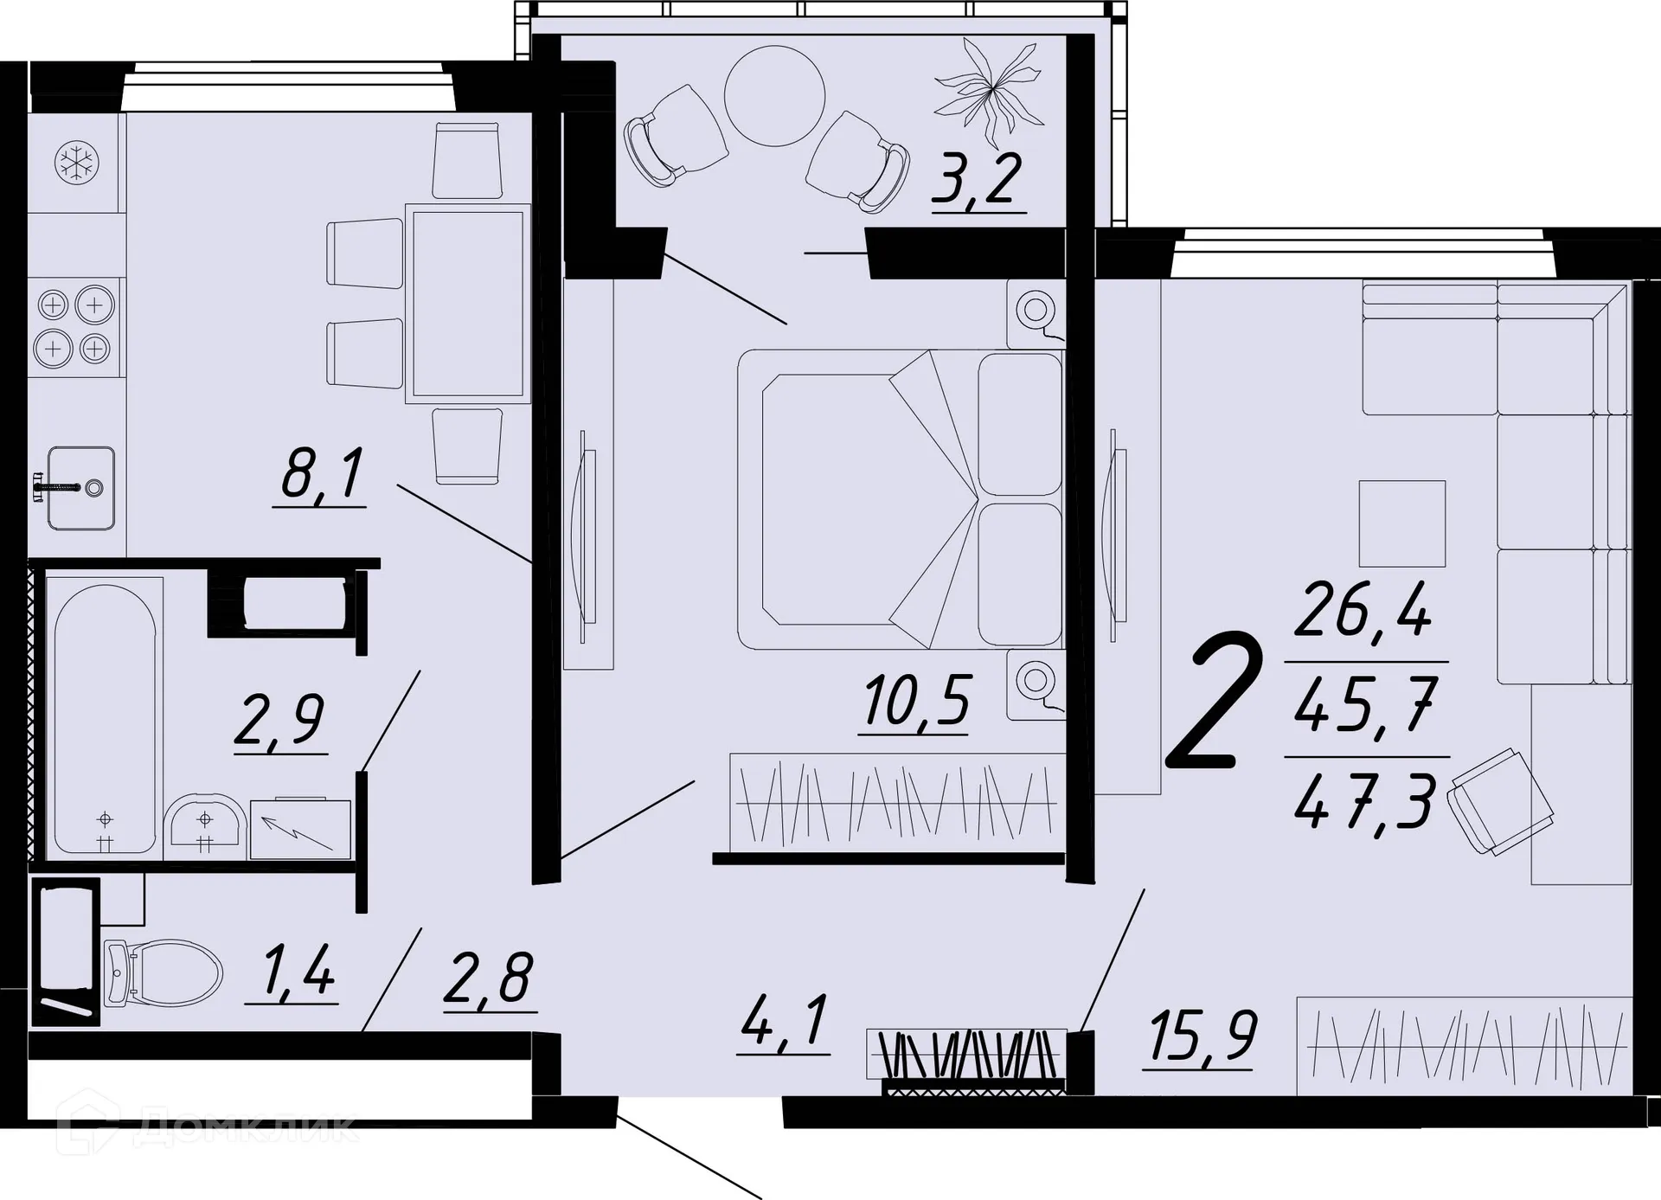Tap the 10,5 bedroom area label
point(916,701)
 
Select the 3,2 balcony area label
point(978,179)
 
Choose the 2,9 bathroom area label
point(280,722)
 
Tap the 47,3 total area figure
point(1365,801)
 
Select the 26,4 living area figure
point(1364,609)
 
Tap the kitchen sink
point(80,488)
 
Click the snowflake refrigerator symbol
point(77,163)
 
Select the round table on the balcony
point(774,96)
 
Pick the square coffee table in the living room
point(1401,523)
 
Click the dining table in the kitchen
point(467,303)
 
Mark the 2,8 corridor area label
point(489,979)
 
